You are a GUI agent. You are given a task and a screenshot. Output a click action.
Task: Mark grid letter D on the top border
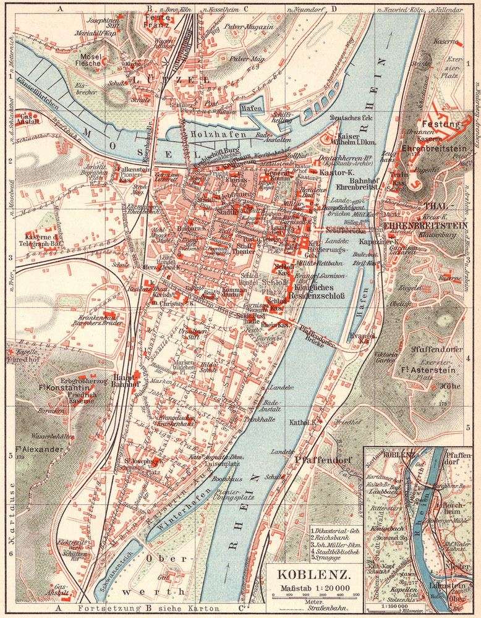tap(333, 9)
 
